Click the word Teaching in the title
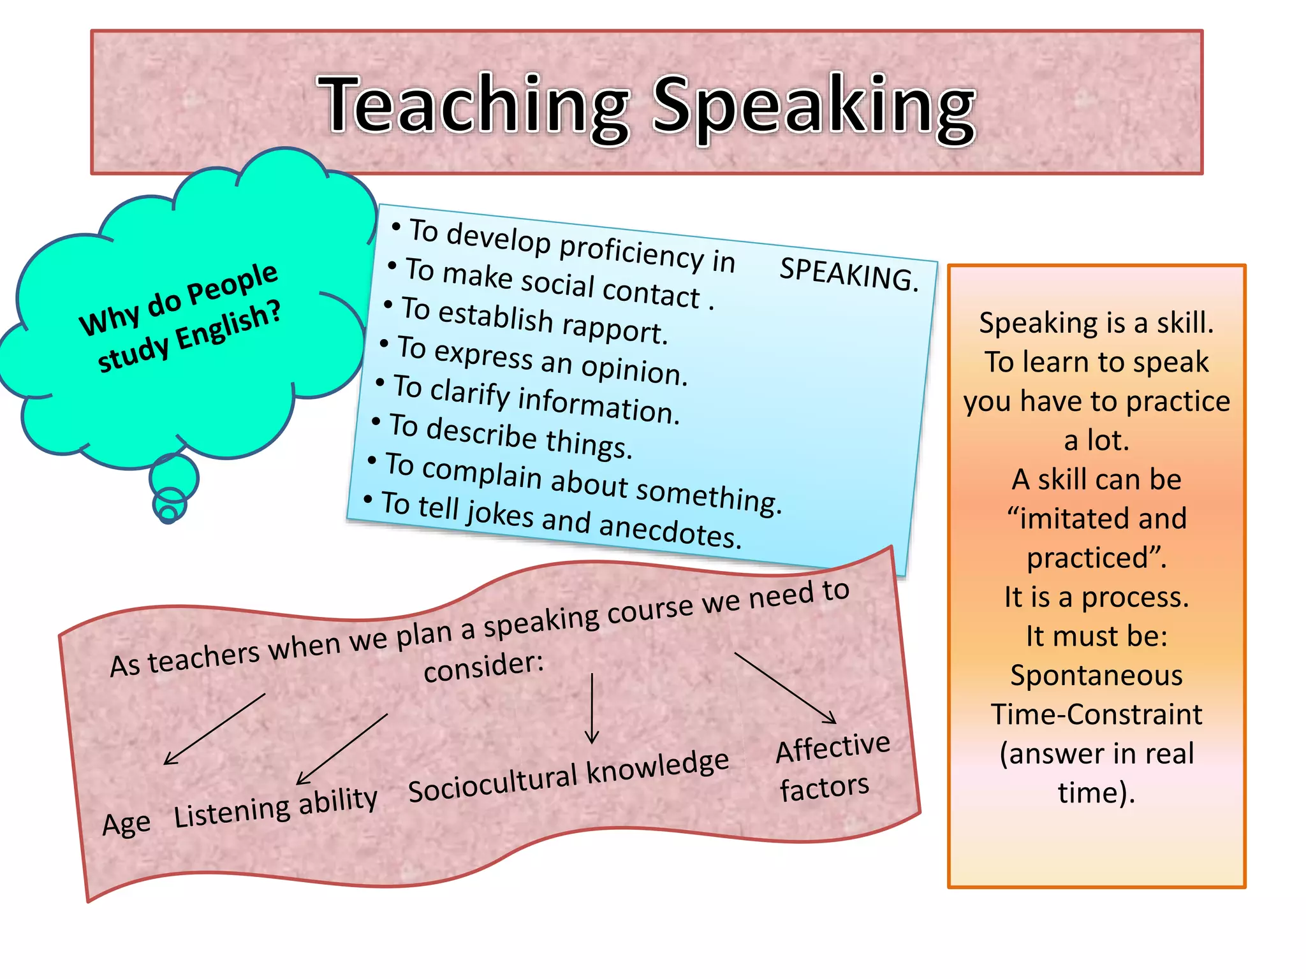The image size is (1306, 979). pyautogui.click(x=475, y=105)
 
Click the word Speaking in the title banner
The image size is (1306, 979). pyautogui.click(x=813, y=108)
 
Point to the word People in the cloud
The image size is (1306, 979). pyautogui.click(x=233, y=282)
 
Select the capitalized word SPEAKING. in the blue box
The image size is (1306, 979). pyautogui.click(x=849, y=273)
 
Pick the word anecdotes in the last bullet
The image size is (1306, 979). pyautogui.click(x=670, y=530)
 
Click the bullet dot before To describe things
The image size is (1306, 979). pyautogui.click(x=376, y=421)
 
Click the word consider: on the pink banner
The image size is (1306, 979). pyautogui.click(x=483, y=666)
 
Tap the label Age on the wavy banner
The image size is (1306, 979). pyautogui.click(x=126, y=823)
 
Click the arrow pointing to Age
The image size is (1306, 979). pyautogui.click(x=214, y=729)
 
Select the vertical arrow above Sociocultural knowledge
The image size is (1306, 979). pyautogui.click(x=592, y=707)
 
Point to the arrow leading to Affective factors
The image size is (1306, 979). pyautogui.click(x=786, y=688)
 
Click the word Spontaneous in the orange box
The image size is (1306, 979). pyautogui.click(x=1096, y=675)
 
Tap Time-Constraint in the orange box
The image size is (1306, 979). pyautogui.click(x=1096, y=714)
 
